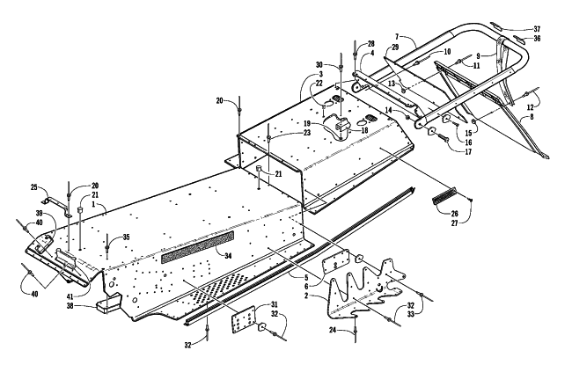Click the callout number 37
[x=537, y=29]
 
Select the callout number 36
[x=537, y=39]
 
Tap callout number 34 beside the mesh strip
[x=228, y=256]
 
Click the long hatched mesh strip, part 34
[x=197, y=247]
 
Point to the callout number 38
[x=70, y=305]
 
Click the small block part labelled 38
[x=106, y=303]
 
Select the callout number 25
[x=34, y=187]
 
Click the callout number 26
[x=455, y=214]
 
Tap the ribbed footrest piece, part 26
[x=444, y=195]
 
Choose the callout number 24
[x=332, y=330]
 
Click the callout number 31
[x=274, y=304]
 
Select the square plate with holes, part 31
[x=243, y=319]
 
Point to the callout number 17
[x=468, y=151]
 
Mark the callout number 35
[x=126, y=237]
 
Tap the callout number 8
[x=532, y=117]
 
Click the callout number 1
[x=93, y=205]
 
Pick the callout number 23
[x=307, y=133]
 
